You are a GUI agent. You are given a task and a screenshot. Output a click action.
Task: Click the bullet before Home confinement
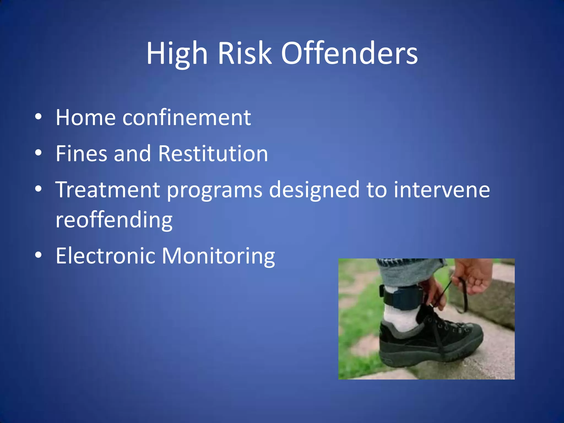38,117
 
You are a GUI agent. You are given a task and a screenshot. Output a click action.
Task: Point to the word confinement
186,118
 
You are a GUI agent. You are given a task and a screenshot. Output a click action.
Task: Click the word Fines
81,153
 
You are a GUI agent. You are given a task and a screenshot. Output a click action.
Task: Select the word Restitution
213,153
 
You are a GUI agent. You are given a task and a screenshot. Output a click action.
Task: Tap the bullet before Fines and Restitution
38,153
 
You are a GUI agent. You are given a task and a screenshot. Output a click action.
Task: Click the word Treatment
108,190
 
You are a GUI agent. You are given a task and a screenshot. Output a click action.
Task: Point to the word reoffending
114,220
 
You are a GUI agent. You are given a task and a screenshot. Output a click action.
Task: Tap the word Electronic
105,256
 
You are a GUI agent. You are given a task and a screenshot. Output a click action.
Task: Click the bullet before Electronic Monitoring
38,255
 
